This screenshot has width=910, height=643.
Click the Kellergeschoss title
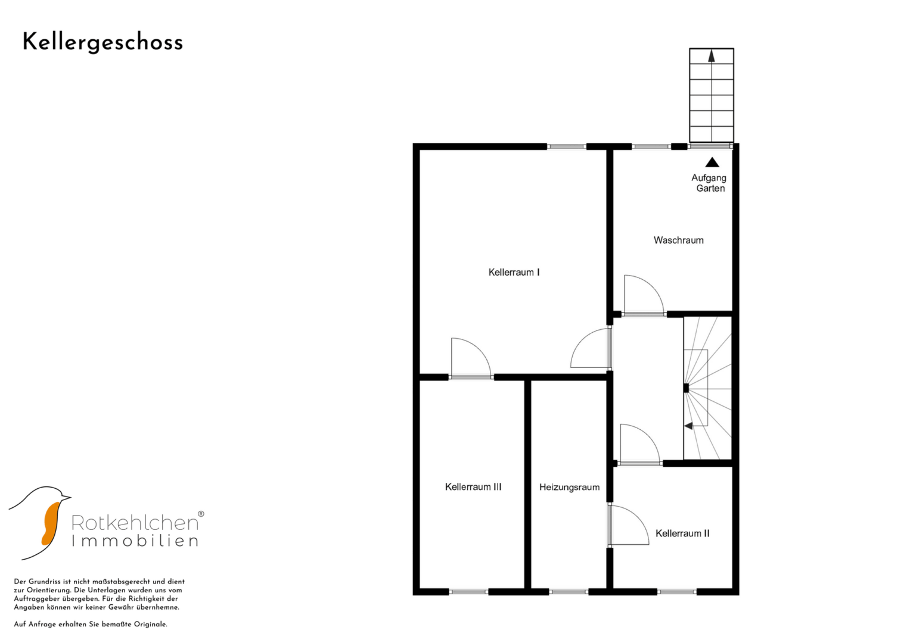[x=103, y=43]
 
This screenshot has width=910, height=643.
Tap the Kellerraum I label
[x=514, y=273]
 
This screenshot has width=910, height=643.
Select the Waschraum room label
[x=678, y=241]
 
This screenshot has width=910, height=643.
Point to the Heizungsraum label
[x=569, y=487]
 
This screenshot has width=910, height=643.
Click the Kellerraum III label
[x=473, y=487]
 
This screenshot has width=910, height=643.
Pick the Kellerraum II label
[x=682, y=533]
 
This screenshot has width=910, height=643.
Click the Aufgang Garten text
[x=709, y=183]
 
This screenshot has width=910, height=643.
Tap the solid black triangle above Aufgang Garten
[x=712, y=163]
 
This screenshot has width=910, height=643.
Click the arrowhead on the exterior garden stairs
[x=712, y=57]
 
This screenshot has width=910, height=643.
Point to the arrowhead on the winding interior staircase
[x=688, y=426]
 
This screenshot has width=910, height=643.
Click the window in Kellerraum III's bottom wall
[x=469, y=592]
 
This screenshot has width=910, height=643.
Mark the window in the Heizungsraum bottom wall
[x=569, y=592]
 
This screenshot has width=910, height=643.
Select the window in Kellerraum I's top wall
[x=567, y=146]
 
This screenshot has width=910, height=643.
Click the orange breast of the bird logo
[x=51, y=524]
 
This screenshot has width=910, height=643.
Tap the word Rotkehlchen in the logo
[x=135, y=523]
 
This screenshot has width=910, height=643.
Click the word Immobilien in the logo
[x=135, y=541]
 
